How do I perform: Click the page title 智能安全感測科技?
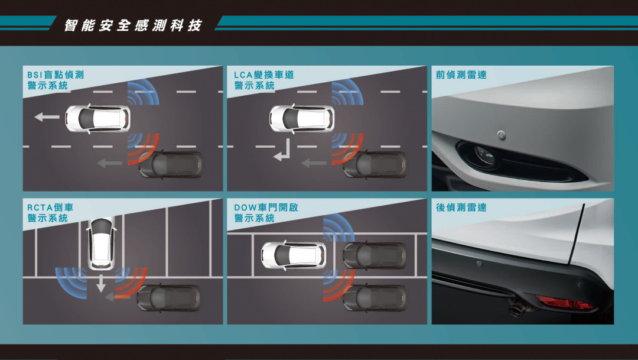(133, 25)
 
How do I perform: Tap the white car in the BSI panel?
(97, 118)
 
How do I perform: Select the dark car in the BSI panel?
(171, 164)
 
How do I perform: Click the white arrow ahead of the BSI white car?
(47, 117)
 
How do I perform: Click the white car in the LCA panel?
(302, 118)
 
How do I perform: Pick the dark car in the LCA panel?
(375, 164)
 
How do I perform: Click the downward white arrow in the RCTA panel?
(100, 283)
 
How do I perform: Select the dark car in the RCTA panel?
(169, 298)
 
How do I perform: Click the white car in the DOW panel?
(294, 255)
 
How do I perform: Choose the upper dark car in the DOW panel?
(375, 255)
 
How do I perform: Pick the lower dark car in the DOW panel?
(375, 298)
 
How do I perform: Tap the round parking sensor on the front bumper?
(502, 135)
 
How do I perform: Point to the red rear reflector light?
(564, 303)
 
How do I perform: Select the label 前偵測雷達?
(461, 75)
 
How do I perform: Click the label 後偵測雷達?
(461, 207)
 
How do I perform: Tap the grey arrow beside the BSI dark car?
(110, 163)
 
